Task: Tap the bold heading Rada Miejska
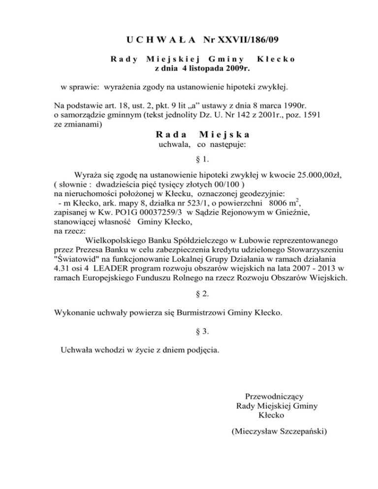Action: click(x=202, y=134)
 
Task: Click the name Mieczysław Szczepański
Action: click(x=279, y=432)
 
